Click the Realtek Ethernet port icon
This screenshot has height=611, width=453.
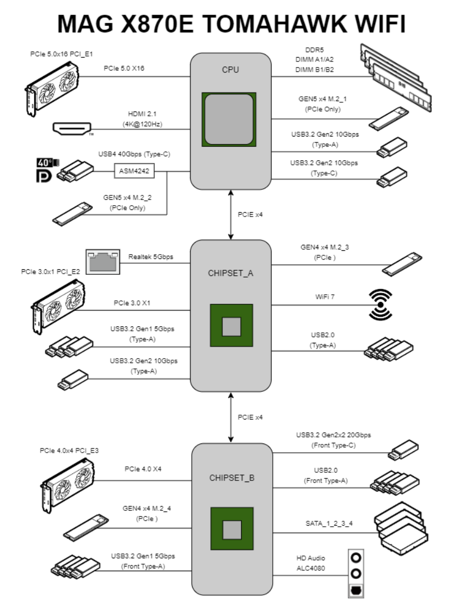point(103,261)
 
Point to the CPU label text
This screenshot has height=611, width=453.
point(230,70)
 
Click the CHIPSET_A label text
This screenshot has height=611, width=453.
point(230,273)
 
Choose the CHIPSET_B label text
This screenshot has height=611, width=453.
point(230,479)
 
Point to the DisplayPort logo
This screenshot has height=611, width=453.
point(43,176)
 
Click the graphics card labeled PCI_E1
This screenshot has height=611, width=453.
point(53,87)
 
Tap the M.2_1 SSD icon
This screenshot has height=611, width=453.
point(388,118)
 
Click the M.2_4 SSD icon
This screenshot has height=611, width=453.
point(85,524)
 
